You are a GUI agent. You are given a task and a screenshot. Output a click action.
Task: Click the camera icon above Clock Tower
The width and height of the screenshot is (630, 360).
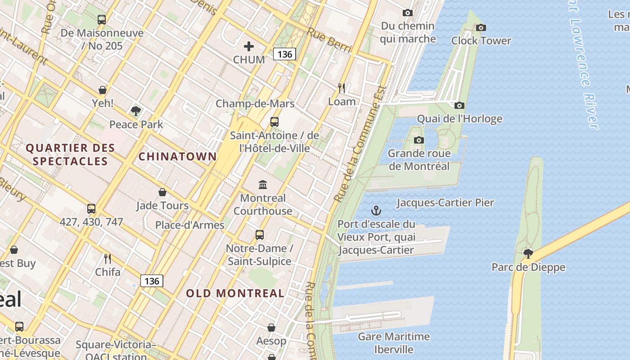pyautogui.click(x=481, y=28)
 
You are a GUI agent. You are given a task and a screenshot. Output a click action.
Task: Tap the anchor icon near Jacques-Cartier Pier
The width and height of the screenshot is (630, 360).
pyautogui.click(x=376, y=211)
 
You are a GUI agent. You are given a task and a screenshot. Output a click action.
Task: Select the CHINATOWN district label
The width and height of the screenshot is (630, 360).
pyautogui.click(x=177, y=157)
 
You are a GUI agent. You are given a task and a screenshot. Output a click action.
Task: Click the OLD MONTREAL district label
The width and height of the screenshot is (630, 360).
pyautogui.click(x=235, y=293)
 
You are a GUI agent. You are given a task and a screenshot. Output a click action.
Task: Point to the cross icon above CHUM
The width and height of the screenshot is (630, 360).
pyautogui.click(x=248, y=46)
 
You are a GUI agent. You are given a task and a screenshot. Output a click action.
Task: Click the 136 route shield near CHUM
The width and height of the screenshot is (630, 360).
pyautogui.click(x=284, y=54)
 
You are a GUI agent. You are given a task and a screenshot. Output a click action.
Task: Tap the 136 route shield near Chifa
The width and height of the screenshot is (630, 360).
pyautogui.click(x=152, y=281)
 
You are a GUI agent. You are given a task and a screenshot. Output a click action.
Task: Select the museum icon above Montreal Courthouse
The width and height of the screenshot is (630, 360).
pyautogui.click(x=262, y=184)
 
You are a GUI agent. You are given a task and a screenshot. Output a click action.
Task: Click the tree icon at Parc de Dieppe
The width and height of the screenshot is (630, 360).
pyautogui.click(x=528, y=254)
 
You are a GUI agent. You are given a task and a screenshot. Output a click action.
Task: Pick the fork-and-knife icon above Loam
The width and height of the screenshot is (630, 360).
pyautogui.click(x=342, y=88)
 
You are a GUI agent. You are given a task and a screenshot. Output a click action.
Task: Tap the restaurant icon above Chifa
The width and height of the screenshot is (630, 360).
pyautogui.click(x=108, y=259)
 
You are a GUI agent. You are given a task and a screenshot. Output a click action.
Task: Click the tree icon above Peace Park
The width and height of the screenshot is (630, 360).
pyautogui.click(x=136, y=111)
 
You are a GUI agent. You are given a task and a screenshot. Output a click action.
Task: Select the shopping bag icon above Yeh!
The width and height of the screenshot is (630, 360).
pyautogui.click(x=103, y=90)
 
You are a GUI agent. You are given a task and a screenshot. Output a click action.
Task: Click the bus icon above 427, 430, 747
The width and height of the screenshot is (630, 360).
pyautogui.click(x=91, y=209)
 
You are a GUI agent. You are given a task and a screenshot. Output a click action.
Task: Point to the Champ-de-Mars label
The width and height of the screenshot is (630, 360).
pyautogui.click(x=255, y=103)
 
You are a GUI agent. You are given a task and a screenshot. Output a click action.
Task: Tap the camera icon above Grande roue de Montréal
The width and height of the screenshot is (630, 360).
pyautogui.click(x=418, y=140)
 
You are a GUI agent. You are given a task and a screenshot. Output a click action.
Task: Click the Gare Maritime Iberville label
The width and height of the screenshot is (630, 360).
pyautogui.click(x=394, y=343)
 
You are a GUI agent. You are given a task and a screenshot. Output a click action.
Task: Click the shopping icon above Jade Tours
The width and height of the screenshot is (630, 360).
pyautogui.click(x=162, y=193)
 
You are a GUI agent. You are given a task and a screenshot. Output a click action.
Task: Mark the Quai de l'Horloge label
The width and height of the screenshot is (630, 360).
pyautogui.click(x=459, y=119)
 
